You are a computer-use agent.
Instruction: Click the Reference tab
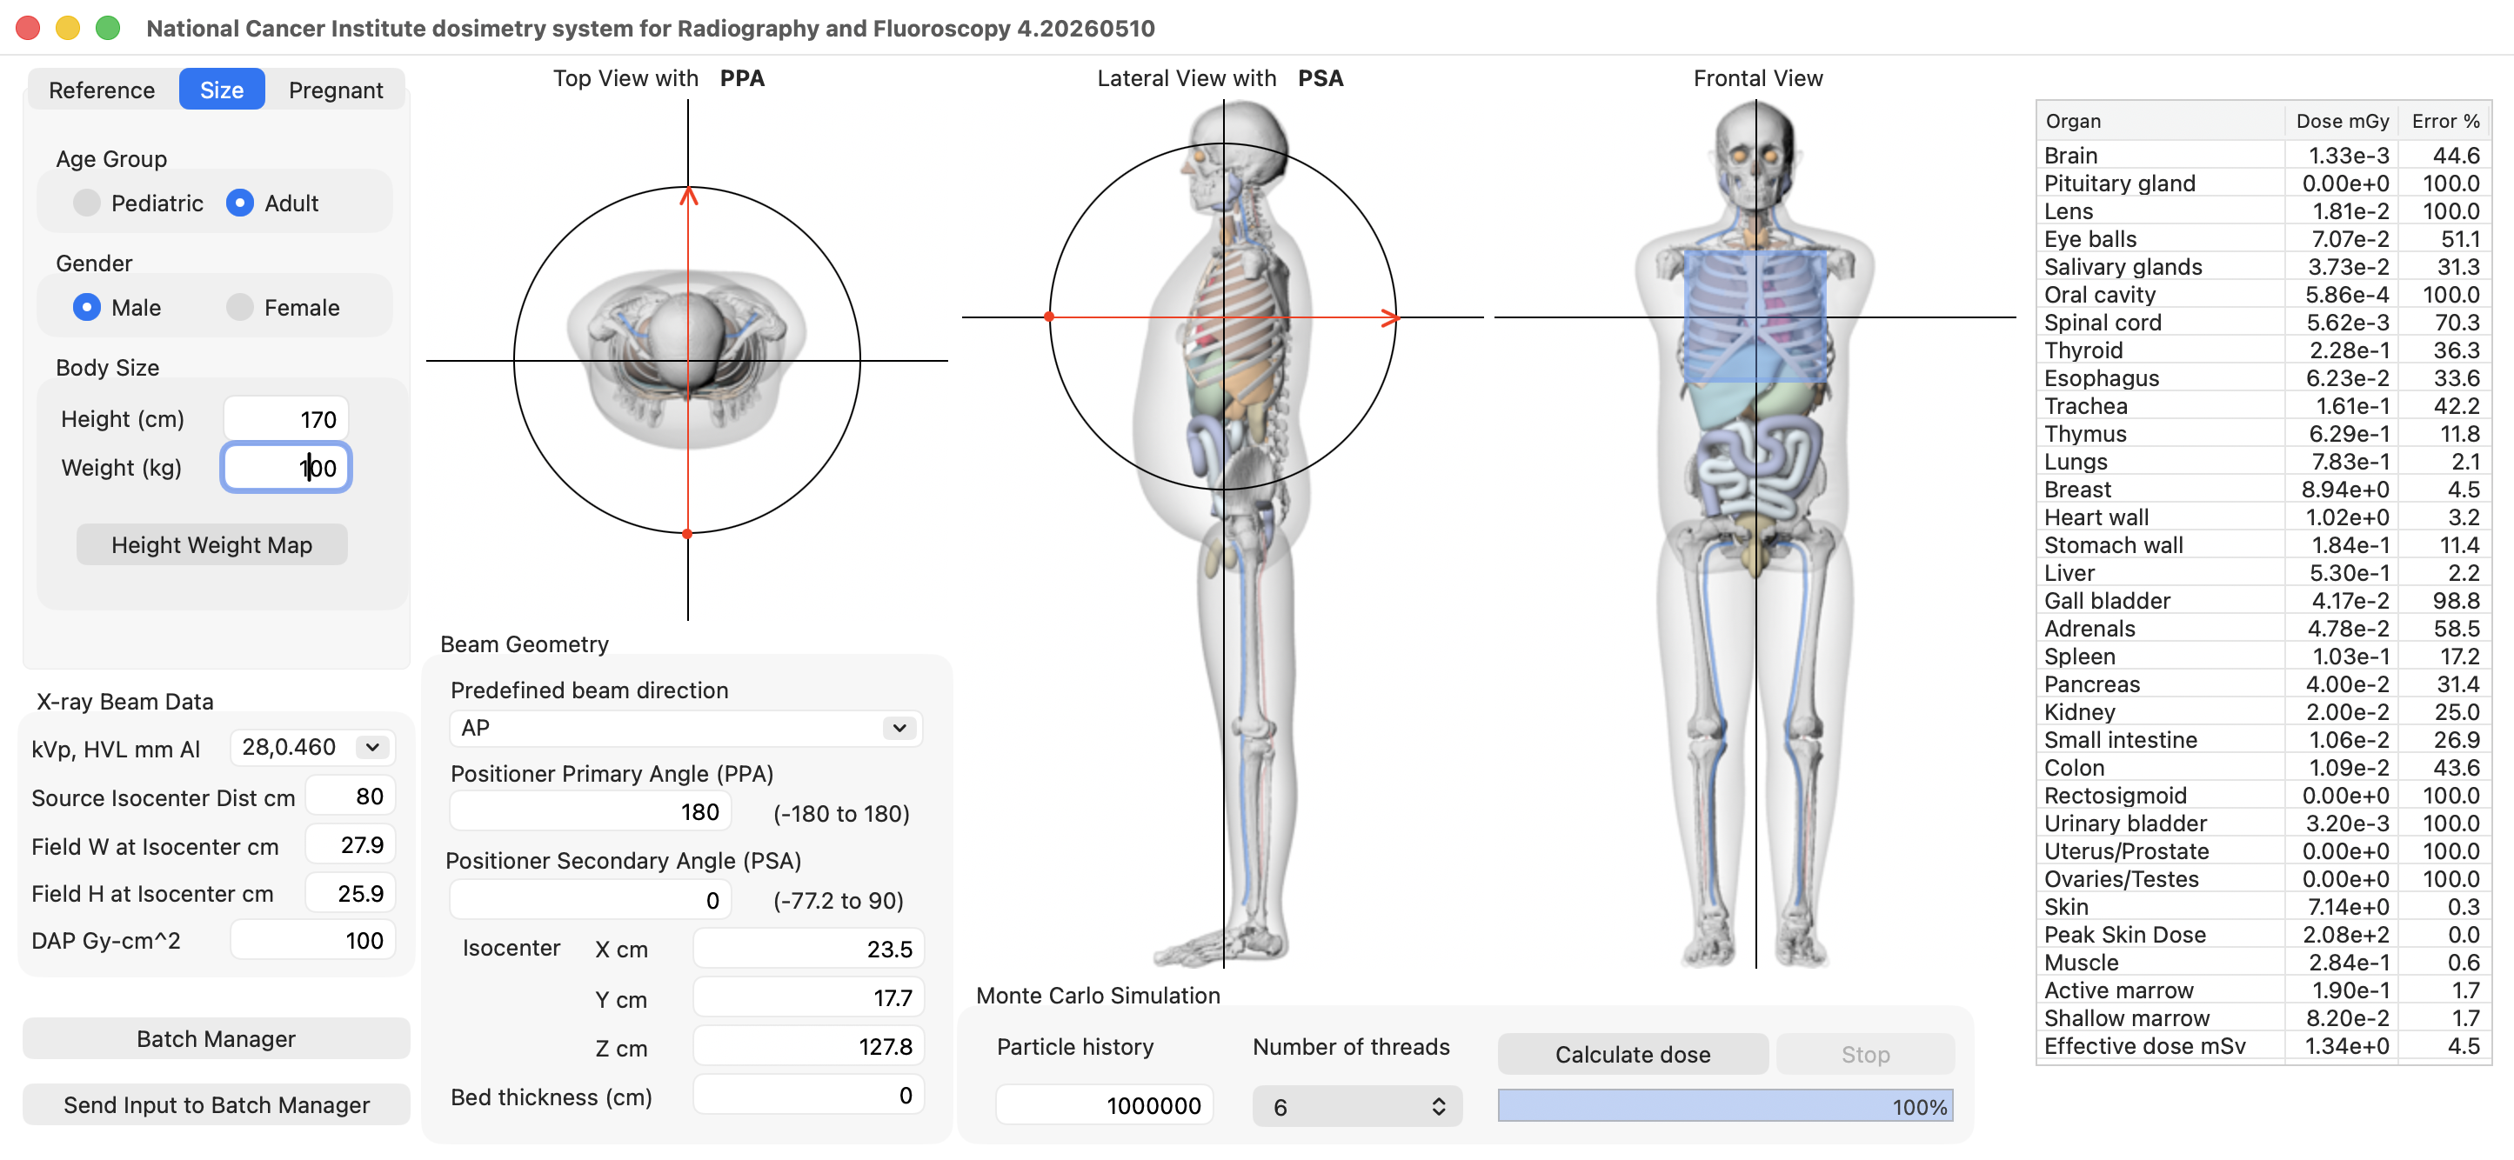tap(102, 90)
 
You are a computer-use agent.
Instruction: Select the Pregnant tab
tap(335, 90)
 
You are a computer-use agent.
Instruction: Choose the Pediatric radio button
tap(87, 203)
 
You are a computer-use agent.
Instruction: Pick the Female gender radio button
tap(240, 307)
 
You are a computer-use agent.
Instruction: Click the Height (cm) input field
tap(285, 419)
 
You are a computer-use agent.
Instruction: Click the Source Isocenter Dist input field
tap(351, 797)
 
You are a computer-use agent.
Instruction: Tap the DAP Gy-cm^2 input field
tap(312, 941)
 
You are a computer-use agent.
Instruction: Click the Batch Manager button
tap(216, 1039)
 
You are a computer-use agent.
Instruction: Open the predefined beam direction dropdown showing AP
tap(685, 728)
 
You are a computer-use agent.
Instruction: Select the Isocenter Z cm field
tap(808, 1047)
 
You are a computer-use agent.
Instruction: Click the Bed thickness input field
tap(808, 1096)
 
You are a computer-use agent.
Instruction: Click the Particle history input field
tap(1104, 1105)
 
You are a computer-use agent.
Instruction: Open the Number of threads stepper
tap(1356, 1106)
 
